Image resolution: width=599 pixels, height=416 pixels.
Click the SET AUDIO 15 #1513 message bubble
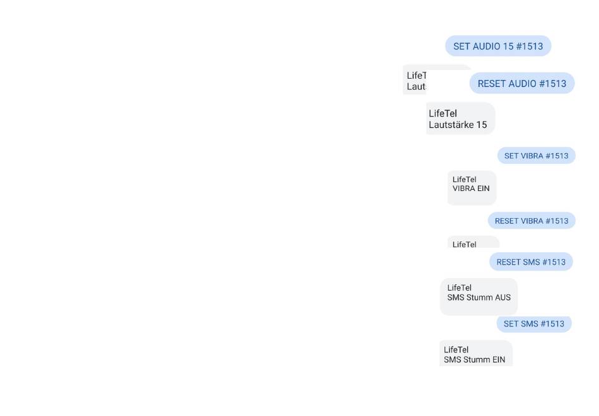(498, 46)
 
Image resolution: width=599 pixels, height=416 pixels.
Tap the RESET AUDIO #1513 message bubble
(522, 83)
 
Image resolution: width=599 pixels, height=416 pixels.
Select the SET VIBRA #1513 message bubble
(536, 156)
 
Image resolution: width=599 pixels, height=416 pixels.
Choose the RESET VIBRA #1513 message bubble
(532, 221)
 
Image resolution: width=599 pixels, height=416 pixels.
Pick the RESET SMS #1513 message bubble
(531, 262)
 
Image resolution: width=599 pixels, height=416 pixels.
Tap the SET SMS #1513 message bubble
(534, 324)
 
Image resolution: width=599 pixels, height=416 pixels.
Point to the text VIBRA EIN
(471, 188)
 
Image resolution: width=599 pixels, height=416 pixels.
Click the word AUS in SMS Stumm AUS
(503, 298)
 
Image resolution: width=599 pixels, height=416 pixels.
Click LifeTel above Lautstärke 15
(443, 113)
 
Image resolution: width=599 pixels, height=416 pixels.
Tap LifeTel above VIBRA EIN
(464, 180)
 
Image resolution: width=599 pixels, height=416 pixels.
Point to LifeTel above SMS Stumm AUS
(459, 288)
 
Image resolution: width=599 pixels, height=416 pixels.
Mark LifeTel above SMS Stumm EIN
(456, 350)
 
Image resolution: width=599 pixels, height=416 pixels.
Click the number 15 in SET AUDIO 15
(508, 46)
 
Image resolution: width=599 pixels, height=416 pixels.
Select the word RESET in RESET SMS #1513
(508, 262)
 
